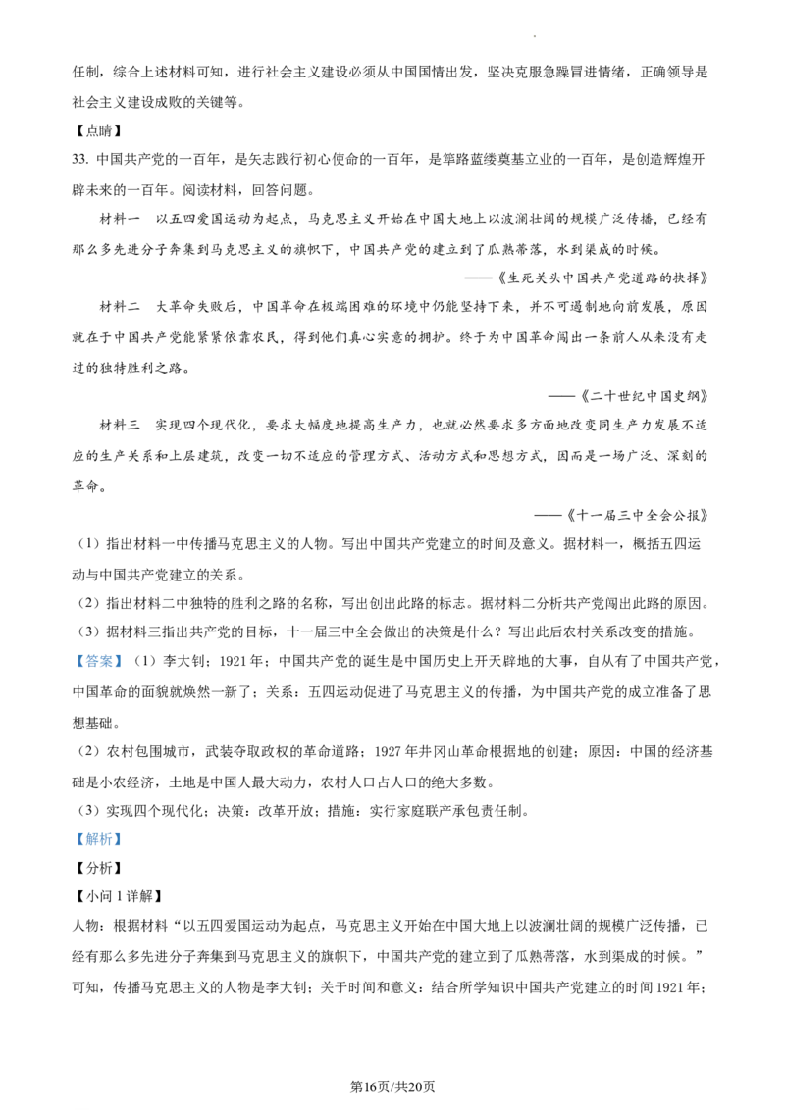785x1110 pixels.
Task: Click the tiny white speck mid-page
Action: pyautogui.click(x=284, y=597)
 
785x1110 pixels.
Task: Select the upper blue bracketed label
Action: pyautogui.click(x=98, y=663)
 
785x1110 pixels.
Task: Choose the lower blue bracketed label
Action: pyautogui.click(x=98, y=839)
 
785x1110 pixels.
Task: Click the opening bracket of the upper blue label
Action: pyautogui.click(x=78, y=663)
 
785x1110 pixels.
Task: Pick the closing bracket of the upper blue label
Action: pyautogui.click(x=119, y=663)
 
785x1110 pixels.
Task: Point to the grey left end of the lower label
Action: pyautogui.click(x=74, y=839)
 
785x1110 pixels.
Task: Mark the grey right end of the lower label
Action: pyautogui.click(x=124, y=839)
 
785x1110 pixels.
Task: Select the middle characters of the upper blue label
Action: pyautogui.click(x=98, y=663)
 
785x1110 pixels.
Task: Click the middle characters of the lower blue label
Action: pyautogui.click(x=98, y=839)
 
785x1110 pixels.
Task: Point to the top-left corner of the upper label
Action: pyautogui.click(x=73, y=653)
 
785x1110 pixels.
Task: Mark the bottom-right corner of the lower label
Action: pyautogui.click(x=125, y=846)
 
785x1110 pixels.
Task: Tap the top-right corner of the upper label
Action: pyautogui.click(x=125, y=653)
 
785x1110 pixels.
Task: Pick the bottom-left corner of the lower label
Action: pyautogui.click(x=73, y=846)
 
